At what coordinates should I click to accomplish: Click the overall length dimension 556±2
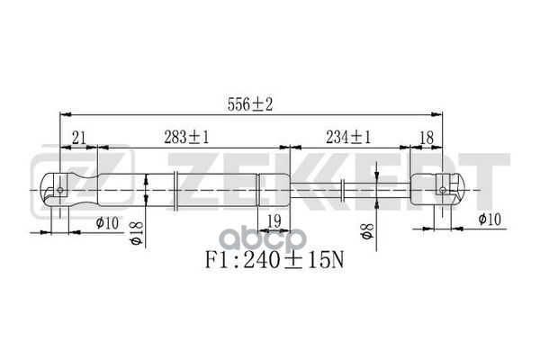250,104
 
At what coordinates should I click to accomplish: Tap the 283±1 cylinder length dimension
186,138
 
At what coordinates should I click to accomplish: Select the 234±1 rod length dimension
348,138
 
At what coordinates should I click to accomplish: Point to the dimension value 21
79,138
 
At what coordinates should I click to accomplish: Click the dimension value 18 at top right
427,138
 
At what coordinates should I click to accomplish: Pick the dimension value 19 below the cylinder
274,220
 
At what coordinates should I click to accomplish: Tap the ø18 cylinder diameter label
137,233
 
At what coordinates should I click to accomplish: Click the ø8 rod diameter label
366,231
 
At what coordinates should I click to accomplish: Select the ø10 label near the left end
107,223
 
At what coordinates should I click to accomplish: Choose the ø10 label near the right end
490,219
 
